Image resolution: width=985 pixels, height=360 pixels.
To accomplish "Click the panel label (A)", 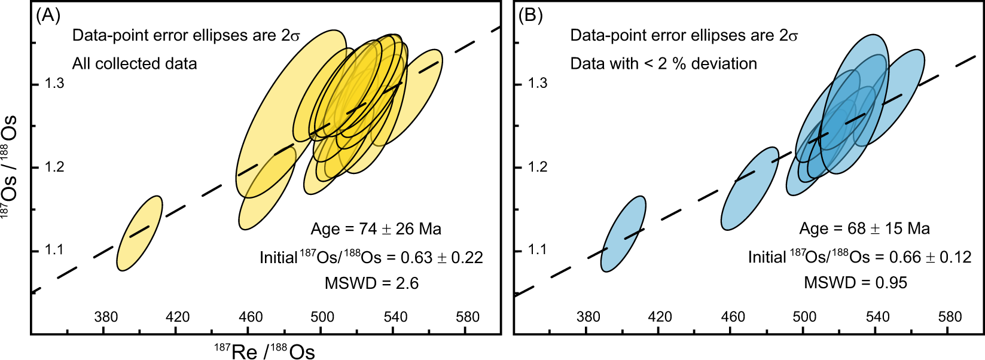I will (x=48, y=16).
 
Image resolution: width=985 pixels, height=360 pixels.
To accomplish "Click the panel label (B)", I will (x=530, y=16).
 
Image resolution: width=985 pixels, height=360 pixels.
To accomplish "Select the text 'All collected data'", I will (x=135, y=63).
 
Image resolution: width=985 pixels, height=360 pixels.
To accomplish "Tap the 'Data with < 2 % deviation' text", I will (x=663, y=63).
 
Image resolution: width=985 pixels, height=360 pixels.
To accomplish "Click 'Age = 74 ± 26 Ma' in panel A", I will (x=376, y=229).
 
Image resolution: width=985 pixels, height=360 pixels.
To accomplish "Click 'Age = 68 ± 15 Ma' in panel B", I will (x=864, y=228).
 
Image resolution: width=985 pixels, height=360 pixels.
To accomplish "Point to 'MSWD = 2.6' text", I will (x=371, y=283).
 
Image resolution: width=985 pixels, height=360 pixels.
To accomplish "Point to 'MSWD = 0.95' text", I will (x=855, y=282).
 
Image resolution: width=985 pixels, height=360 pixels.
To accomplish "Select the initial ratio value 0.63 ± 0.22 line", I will (x=371, y=257).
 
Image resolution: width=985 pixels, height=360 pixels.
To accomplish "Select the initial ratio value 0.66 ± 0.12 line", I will (x=859, y=257).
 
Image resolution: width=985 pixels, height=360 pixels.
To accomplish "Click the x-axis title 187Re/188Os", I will (x=264, y=351).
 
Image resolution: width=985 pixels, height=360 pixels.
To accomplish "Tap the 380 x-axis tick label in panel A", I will (x=106, y=316).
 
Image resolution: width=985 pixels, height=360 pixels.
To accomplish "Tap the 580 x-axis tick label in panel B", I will (x=950, y=316).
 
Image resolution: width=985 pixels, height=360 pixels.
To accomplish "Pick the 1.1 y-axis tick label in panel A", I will (x=54, y=250).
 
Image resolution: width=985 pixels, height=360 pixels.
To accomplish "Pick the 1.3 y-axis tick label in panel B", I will (x=538, y=83).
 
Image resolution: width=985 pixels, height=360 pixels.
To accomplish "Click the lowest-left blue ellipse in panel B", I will (x=623, y=234).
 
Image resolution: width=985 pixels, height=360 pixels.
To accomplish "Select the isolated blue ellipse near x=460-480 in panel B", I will (x=749, y=188).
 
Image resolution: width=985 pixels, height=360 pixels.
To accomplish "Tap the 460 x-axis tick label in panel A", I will (x=250, y=316).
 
